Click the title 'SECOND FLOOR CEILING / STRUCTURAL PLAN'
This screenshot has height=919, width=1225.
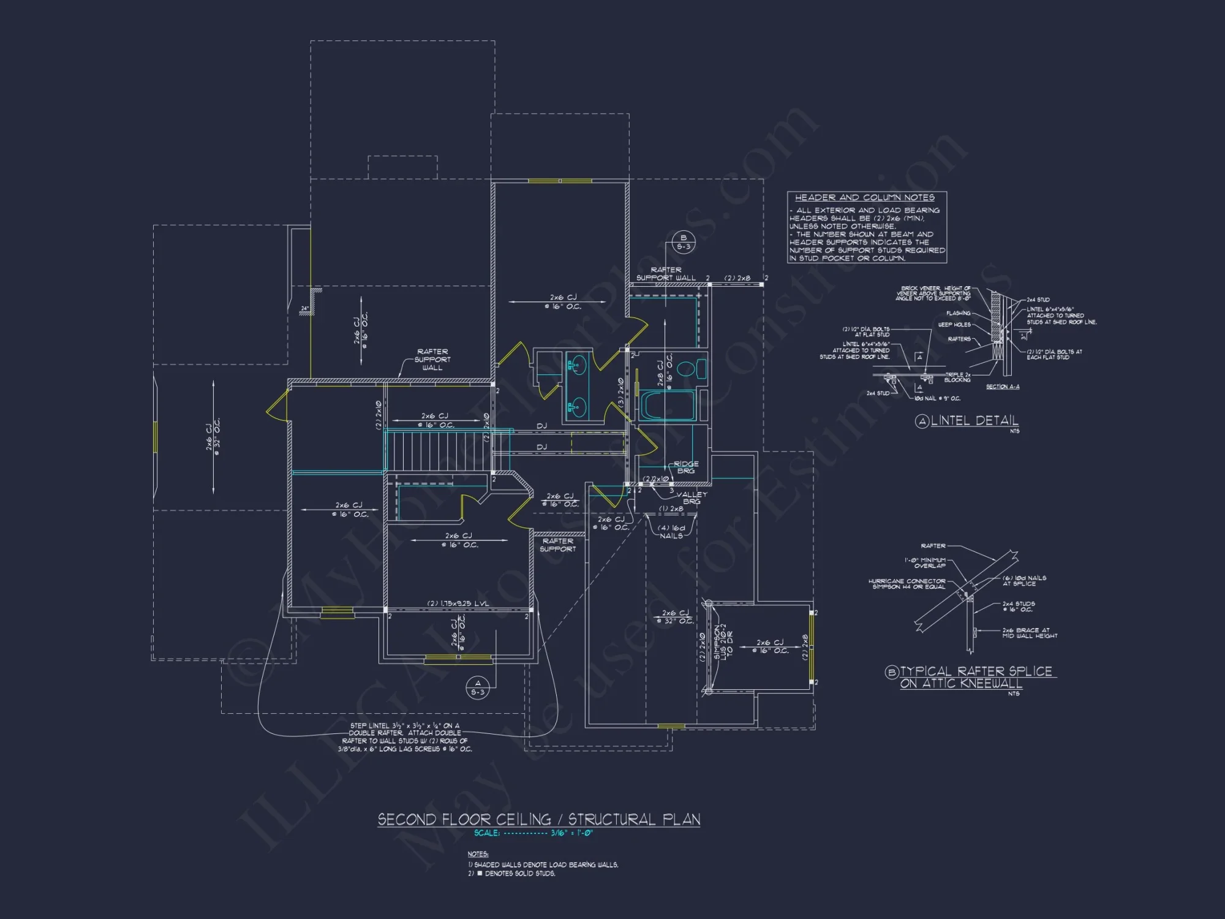tap(538, 819)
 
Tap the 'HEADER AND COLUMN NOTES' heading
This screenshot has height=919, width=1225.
tap(864, 197)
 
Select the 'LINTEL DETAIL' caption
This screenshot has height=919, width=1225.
tap(974, 420)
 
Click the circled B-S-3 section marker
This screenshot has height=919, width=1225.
tap(683, 242)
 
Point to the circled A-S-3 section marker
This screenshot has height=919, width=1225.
tap(478, 687)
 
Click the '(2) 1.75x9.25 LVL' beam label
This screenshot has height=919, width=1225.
tap(458, 603)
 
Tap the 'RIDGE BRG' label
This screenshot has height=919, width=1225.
tap(686, 467)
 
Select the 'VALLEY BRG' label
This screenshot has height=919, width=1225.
tap(692, 497)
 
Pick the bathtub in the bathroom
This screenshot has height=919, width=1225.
tap(667, 405)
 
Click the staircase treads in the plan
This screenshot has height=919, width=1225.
tap(441, 450)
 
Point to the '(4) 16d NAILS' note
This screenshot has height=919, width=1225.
tap(671, 532)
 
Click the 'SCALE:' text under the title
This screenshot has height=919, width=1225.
tap(487, 833)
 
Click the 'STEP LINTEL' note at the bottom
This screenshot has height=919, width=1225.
tap(405, 737)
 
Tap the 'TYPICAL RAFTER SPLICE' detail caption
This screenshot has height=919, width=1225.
tap(976, 671)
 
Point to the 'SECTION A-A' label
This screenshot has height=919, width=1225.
tap(1003, 387)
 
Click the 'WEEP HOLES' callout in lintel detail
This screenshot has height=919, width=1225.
tap(954, 325)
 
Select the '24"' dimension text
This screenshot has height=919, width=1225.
tap(305, 308)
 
